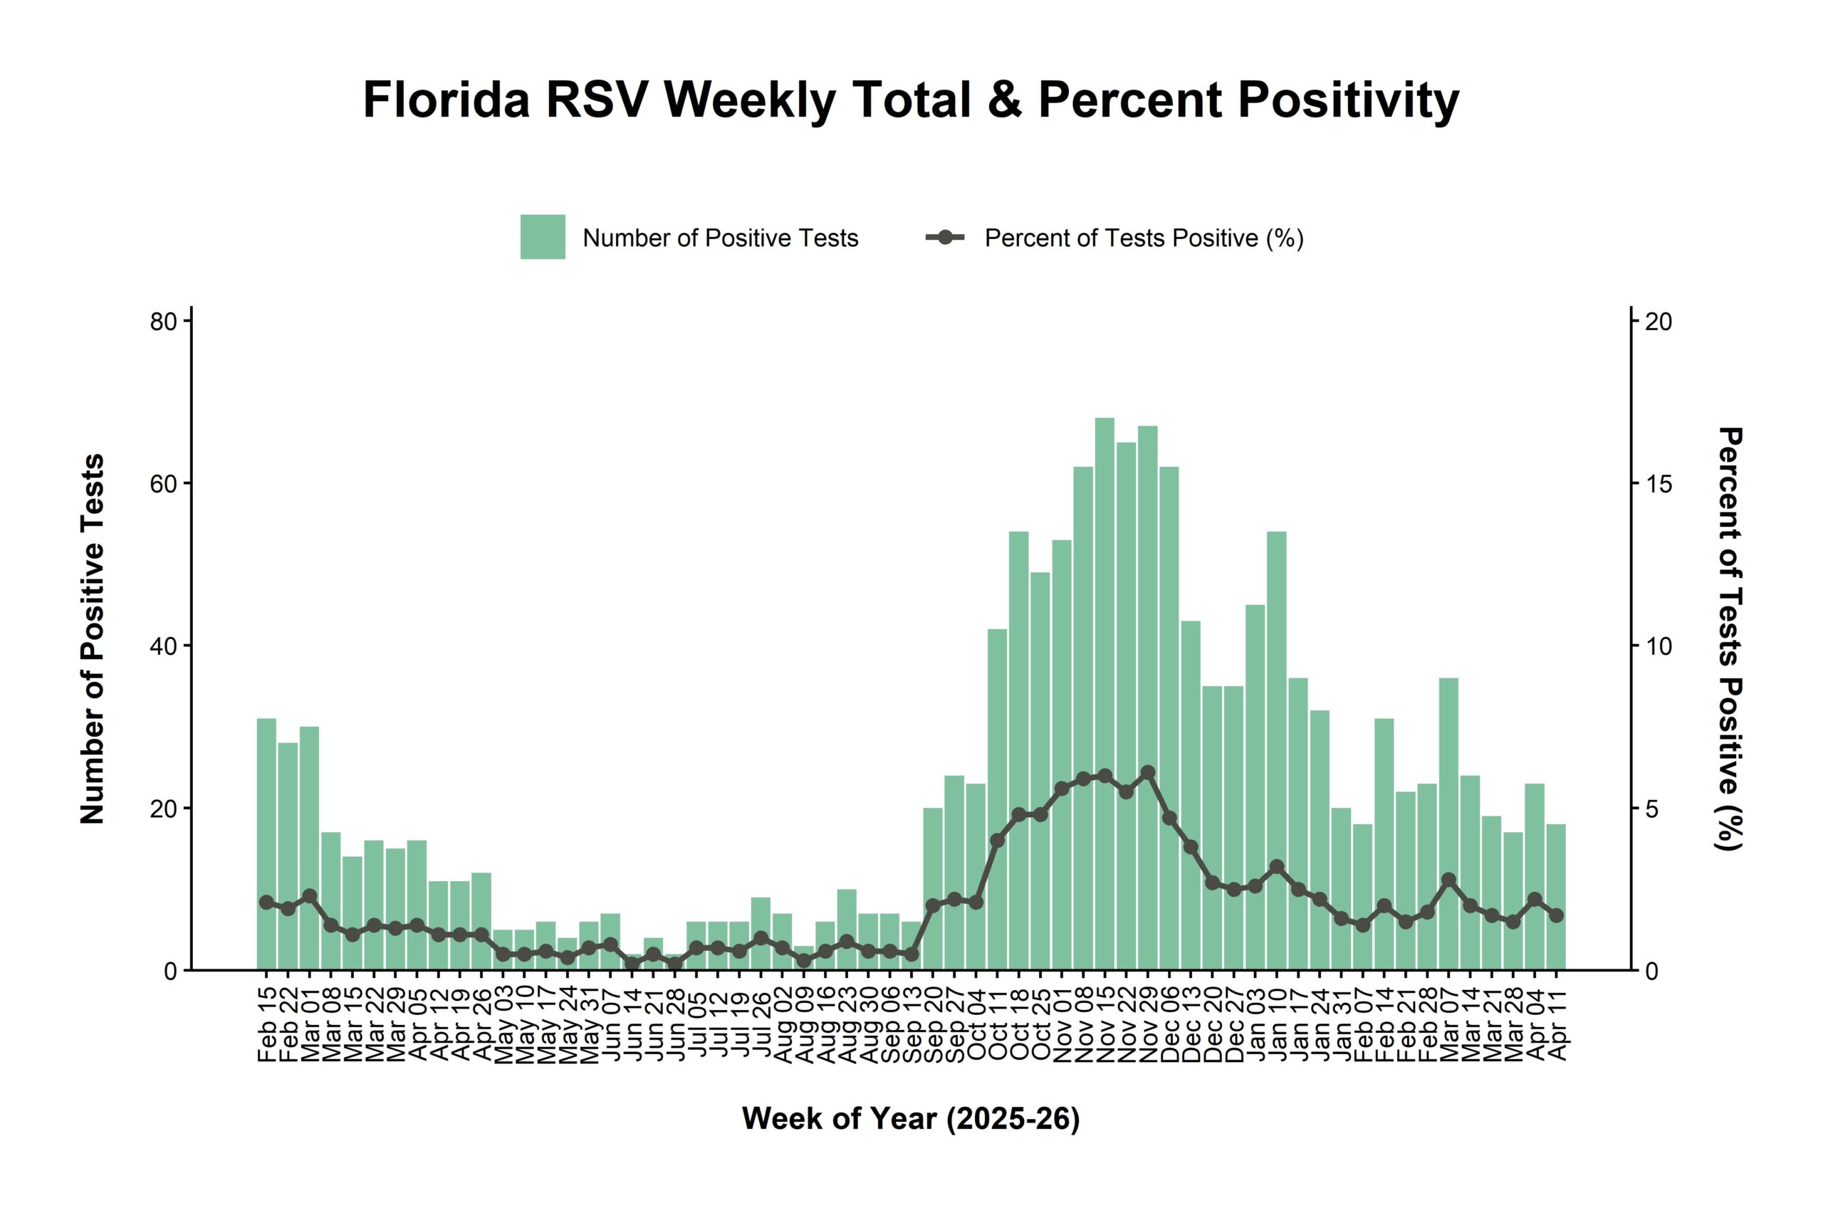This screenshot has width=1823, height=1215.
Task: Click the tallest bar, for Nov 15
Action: pos(1104,693)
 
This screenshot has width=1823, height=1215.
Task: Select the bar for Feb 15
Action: pos(266,844)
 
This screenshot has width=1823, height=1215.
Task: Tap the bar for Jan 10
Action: pos(1277,750)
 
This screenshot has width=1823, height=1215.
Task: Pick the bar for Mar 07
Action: pos(1448,824)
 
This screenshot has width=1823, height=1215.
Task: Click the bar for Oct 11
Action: pos(998,799)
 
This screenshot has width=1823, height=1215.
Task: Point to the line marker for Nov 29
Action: pos(1148,772)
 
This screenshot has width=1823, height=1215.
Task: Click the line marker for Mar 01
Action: pos(309,895)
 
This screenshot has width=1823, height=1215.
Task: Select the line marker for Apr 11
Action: pos(1555,915)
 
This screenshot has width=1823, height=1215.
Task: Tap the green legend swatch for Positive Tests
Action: pos(543,237)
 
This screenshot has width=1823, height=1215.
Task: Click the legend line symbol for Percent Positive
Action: pos(945,237)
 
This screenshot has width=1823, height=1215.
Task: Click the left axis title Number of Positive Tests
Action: pos(93,639)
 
